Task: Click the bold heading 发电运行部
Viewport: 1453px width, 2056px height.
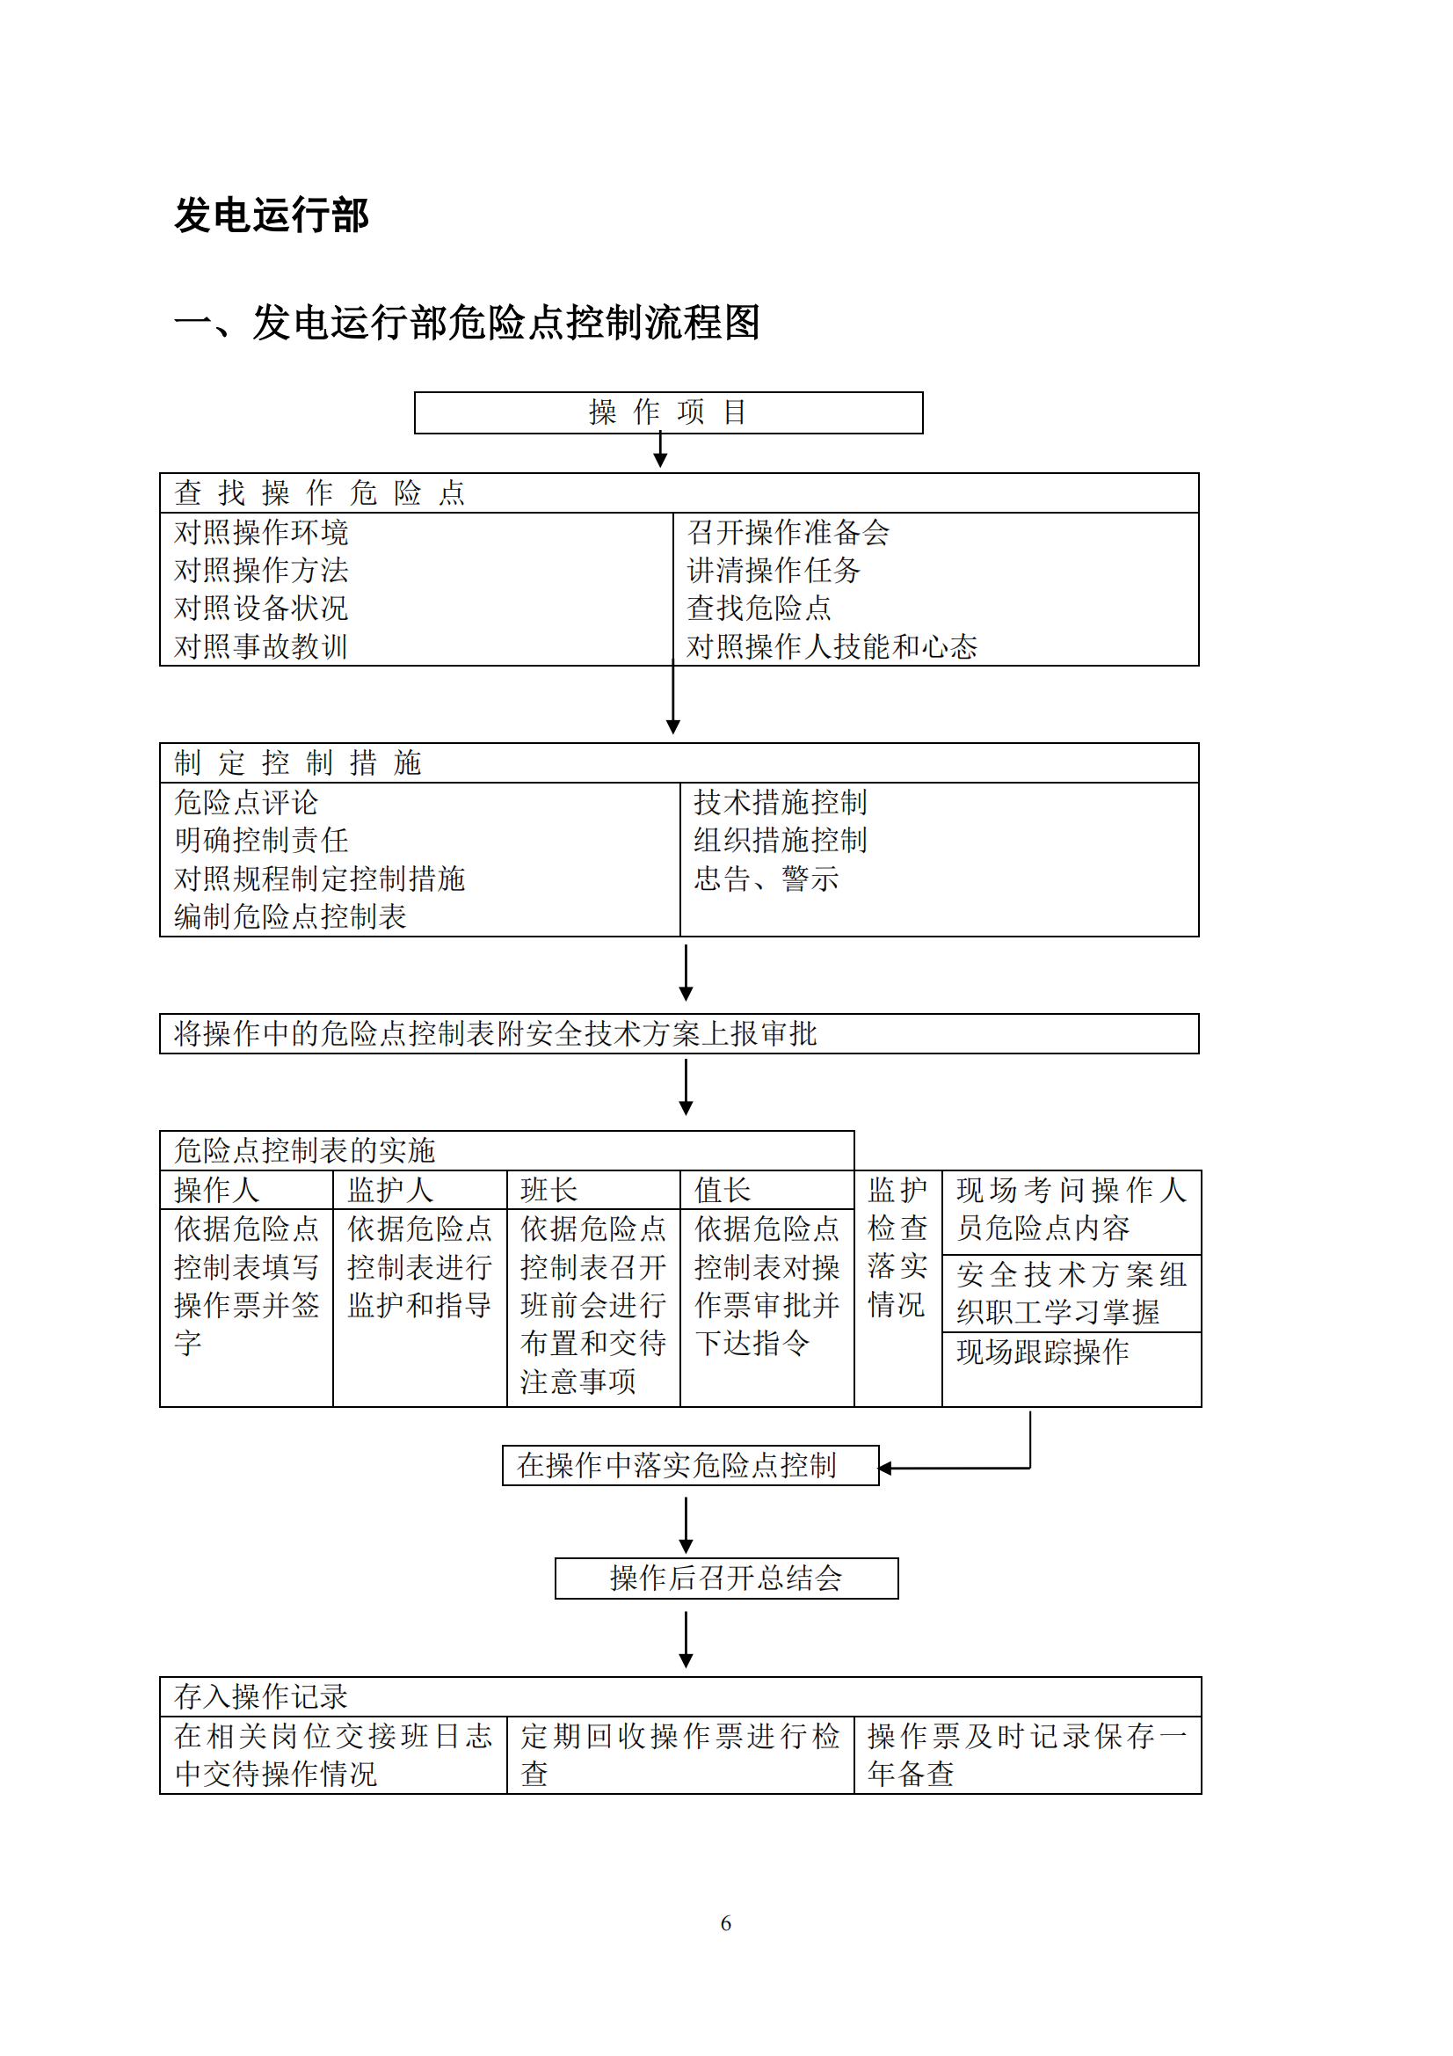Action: click(x=272, y=215)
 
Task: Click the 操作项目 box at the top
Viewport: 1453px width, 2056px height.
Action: click(x=668, y=412)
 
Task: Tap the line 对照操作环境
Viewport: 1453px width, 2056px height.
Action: click(x=260, y=533)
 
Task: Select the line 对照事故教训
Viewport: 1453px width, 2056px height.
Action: click(x=260, y=646)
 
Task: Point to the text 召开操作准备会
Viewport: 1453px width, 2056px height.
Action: click(x=788, y=533)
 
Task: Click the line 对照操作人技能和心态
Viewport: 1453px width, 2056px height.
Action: click(x=832, y=646)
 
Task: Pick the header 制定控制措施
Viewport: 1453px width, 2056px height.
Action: click(x=298, y=763)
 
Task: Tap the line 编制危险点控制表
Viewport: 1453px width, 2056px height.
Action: click(x=290, y=917)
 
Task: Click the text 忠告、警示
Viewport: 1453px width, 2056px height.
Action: click(x=766, y=879)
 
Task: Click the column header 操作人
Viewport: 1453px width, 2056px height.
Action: click(x=216, y=1190)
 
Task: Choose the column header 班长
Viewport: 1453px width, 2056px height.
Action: click(x=549, y=1190)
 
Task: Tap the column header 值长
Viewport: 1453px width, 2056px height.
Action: click(x=723, y=1190)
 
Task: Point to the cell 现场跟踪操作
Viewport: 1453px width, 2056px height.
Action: click(x=1043, y=1352)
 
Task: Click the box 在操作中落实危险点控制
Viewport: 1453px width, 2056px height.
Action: click(x=677, y=1466)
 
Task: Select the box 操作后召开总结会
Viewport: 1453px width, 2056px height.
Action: click(x=726, y=1578)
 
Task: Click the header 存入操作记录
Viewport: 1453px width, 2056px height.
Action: click(x=260, y=1696)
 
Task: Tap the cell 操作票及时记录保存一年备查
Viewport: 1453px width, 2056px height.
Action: click(x=1027, y=1755)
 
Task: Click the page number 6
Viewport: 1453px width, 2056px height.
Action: click(x=726, y=1923)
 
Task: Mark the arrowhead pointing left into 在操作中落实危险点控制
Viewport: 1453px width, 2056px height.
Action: click(x=885, y=1469)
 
